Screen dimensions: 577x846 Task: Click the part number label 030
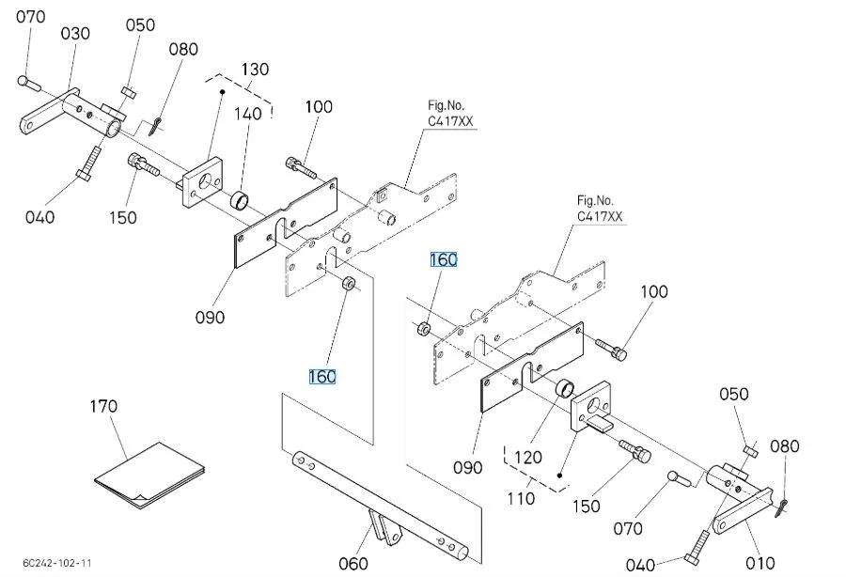[76, 34]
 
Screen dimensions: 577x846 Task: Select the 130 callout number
[255, 70]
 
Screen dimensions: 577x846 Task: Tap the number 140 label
[249, 114]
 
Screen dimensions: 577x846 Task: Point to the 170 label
[103, 406]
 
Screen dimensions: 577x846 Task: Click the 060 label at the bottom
[352, 564]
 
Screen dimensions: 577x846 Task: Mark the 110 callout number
[521, 500]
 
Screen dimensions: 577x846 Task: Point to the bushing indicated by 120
[564, 389]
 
